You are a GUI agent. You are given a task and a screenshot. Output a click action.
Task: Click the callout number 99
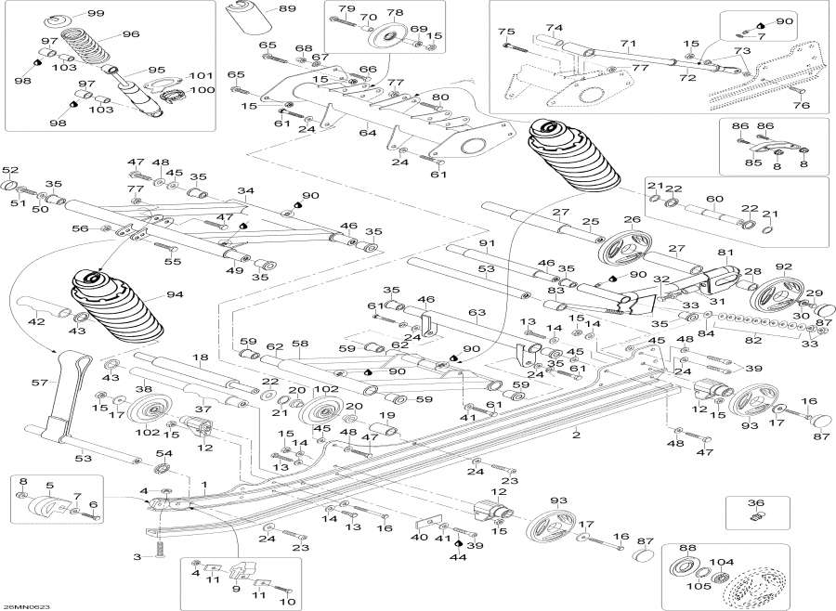click(x=96, y=13)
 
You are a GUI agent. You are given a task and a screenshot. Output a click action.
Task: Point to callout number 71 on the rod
click(x=629, y=44)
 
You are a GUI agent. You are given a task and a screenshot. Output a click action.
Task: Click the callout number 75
click(x=506, y=32)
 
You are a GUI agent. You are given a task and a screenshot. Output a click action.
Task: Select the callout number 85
click(x=753, y=162)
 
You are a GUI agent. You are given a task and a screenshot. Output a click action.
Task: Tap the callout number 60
click(x=714, y=200)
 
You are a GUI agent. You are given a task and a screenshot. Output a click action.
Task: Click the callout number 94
click(x=175, y=294)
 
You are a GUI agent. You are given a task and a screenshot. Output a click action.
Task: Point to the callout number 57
click(x=39, y=382)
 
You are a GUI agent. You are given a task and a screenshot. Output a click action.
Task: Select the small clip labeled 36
click(x=756, y=516)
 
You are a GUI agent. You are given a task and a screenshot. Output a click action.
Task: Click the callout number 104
click(x=722, y=562)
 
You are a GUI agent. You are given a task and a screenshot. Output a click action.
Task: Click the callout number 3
click(x=137, y=556)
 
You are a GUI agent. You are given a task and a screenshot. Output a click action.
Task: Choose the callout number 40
click(x=419, y=537)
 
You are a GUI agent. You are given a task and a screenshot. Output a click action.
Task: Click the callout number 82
click(x=753, y=341)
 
